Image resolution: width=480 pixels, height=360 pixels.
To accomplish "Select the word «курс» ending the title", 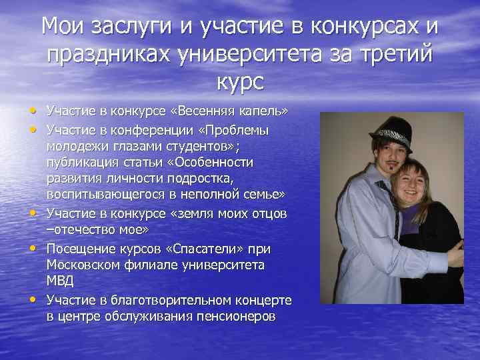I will coord(239,82).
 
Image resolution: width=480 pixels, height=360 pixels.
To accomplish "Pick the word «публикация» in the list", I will coord(81,162).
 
